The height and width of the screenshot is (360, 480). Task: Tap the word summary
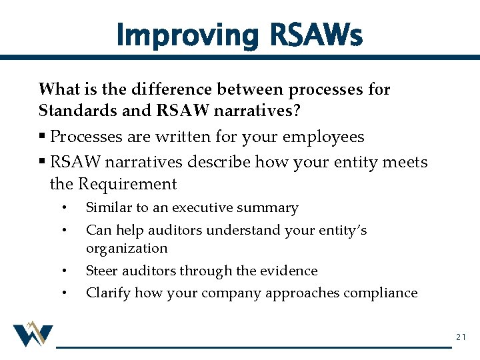(x=273, y=208)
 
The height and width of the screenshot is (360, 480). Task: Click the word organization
(x=127, y=249)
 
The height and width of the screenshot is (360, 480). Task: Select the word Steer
(x=101, y=271)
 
